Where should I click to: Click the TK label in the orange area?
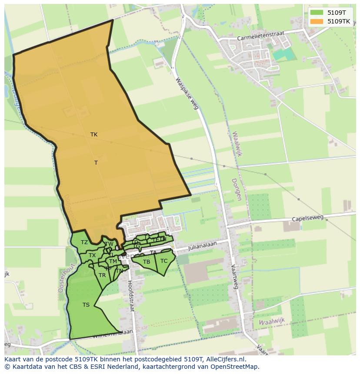click(x=94, y=135)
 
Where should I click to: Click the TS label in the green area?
click(x=86, y=305)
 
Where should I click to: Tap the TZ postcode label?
click(x=84, y=242)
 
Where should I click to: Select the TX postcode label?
click(x=92, y=255)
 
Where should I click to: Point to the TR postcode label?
click(x=102, y=275)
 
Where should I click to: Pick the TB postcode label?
click(x=147, y=262)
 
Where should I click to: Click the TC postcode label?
click(x=164, y=261)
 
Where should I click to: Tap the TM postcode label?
click(x=113, y=261)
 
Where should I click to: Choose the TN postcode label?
click(x=119, y=271)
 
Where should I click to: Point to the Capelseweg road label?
click(x=308, y=219)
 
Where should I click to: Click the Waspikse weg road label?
click(x=188, y=93)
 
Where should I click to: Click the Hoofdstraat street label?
click(x=131, y=295)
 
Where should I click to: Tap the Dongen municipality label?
click(x=237, y=189)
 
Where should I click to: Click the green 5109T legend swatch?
click(x=317, y=13)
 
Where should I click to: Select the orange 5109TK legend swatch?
click(x=317, y=21)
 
